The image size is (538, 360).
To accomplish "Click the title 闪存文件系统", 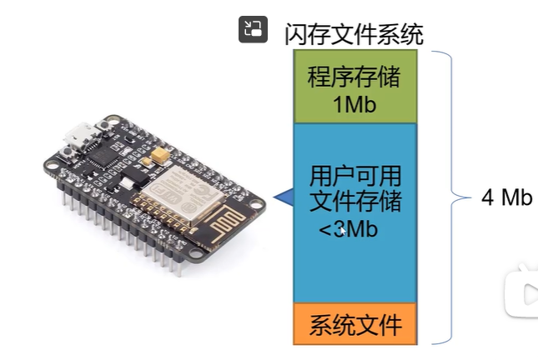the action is pos(354,32).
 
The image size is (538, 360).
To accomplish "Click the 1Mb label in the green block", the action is pos(354,103).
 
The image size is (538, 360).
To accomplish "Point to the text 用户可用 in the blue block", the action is pos(354,176).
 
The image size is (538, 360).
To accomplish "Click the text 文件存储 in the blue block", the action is pos(354,201).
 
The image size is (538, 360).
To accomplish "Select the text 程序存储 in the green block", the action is pos(354,79).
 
